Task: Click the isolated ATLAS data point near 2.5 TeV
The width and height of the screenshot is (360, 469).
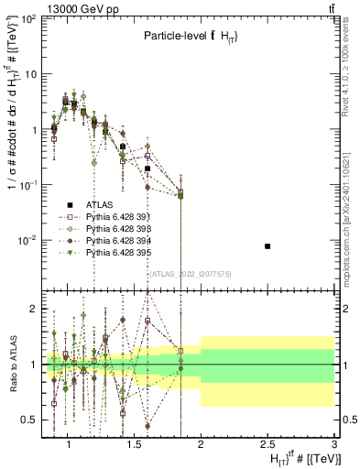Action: pos(267,246)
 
